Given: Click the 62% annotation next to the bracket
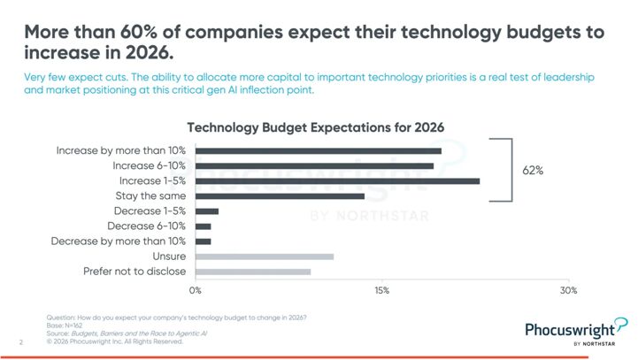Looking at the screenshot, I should click(533, 170).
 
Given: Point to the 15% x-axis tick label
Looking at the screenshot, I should click(382, 289).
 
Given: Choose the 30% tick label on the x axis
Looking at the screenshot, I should click(569, 289).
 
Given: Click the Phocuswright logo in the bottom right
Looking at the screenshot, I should click(576, 332).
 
